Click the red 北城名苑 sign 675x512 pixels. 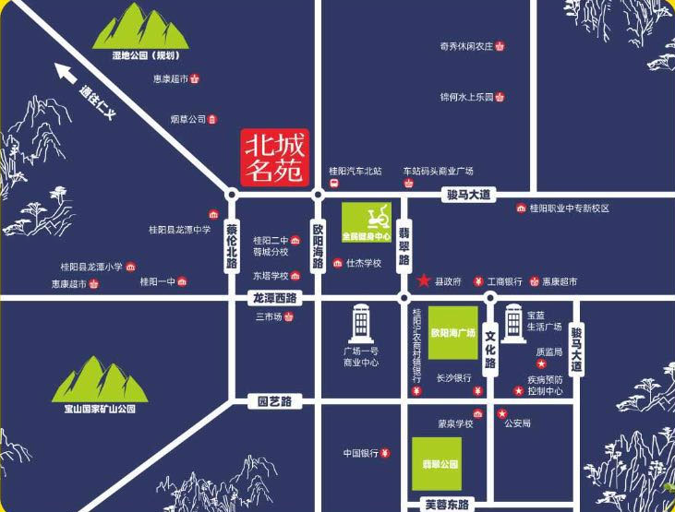pos(273,155)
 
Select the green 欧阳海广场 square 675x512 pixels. pos(453,331)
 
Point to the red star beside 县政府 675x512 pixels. pos(423,280)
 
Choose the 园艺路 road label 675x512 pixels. pos(274,401)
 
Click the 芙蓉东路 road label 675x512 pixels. pos(447,504)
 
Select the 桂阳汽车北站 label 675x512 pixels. pos(356,172)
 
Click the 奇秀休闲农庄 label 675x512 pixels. pos(466,46)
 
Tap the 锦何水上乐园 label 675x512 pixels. pos(466,96)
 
